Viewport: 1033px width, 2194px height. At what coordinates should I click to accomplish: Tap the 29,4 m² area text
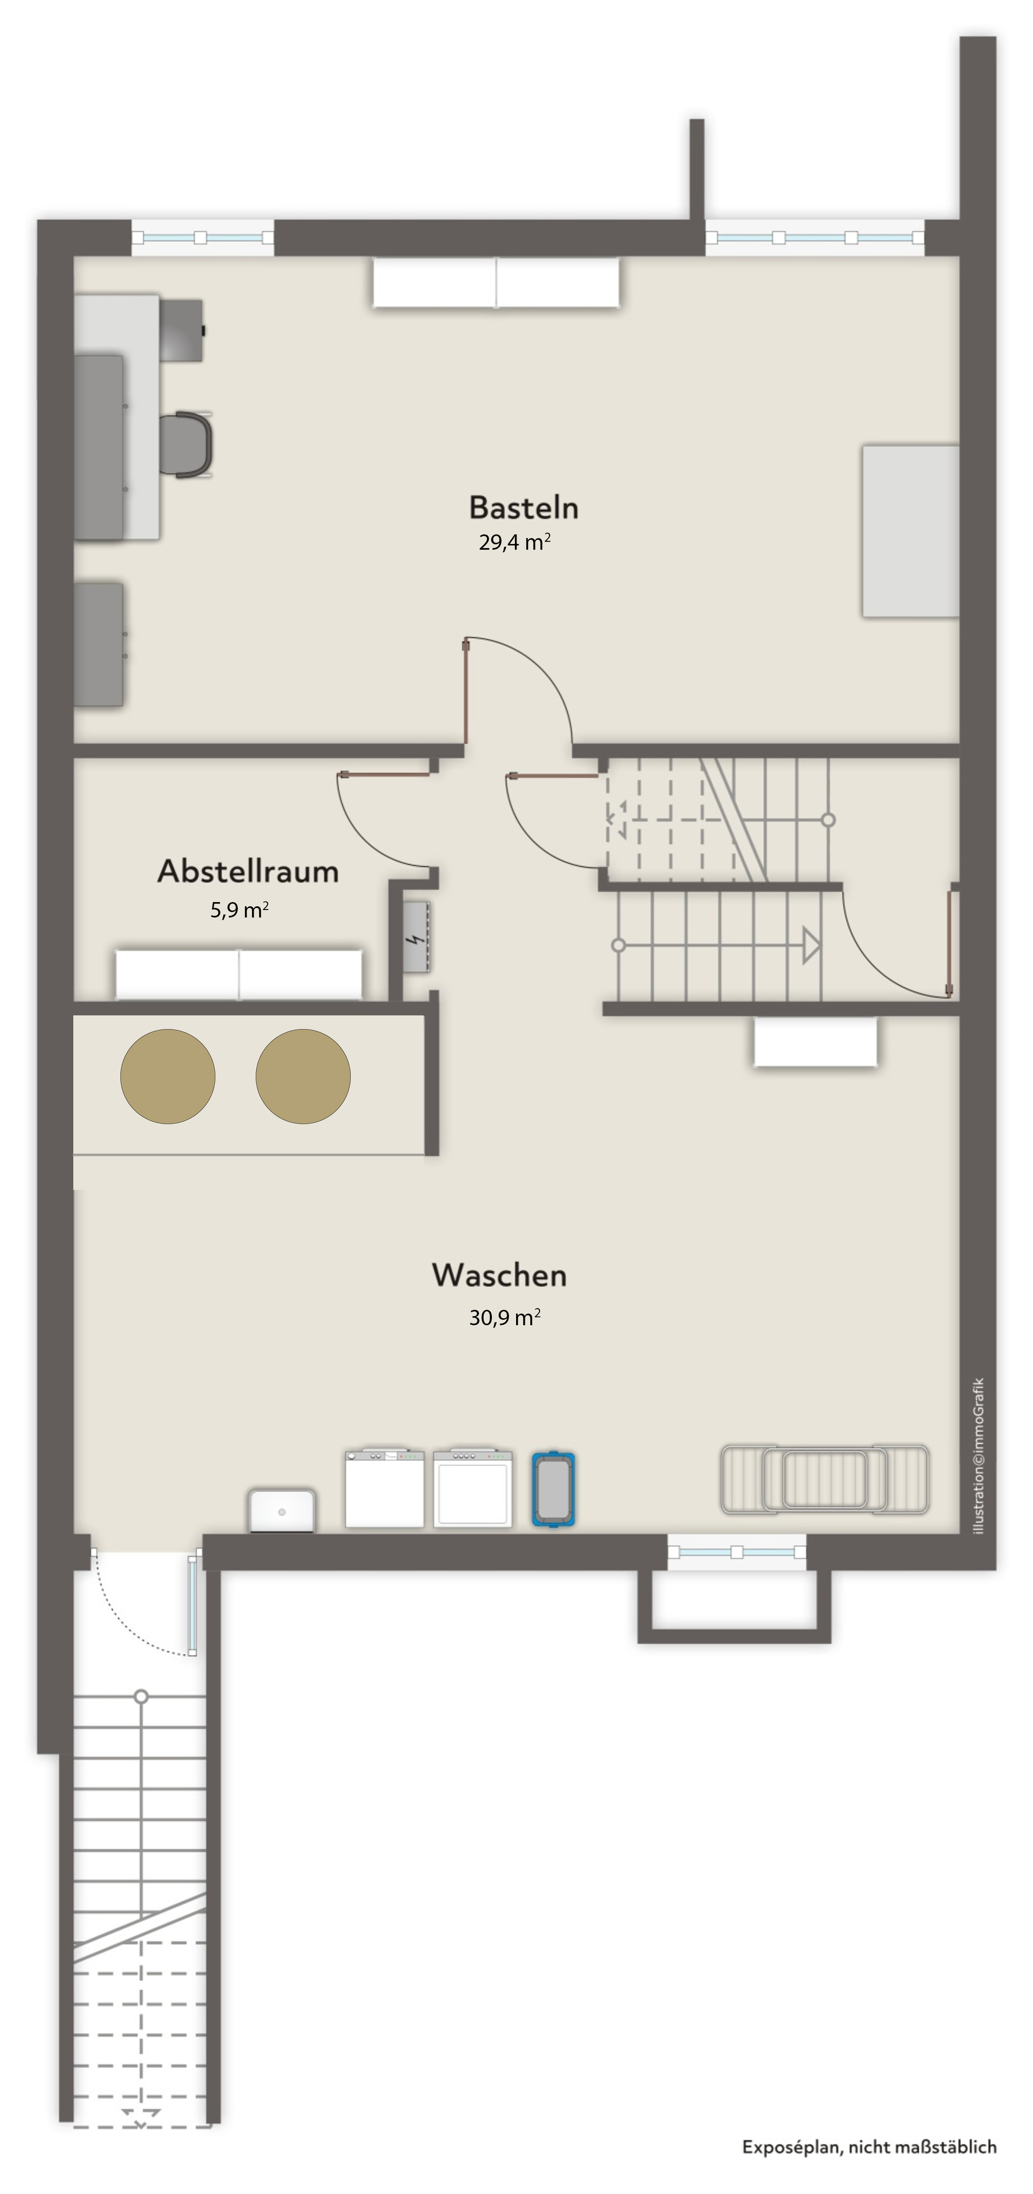514,542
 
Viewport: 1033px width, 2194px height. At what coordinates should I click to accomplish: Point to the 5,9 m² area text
239,910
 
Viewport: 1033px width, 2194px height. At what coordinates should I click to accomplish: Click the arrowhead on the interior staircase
811,945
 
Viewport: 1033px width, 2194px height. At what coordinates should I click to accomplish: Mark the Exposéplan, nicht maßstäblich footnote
869,2147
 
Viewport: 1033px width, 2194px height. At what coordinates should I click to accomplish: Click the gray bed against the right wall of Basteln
910,531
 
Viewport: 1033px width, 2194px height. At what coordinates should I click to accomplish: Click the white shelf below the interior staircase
815,1042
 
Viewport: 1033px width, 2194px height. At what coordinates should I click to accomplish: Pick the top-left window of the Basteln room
203,238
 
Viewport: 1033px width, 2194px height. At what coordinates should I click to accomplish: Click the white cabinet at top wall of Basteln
496,283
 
